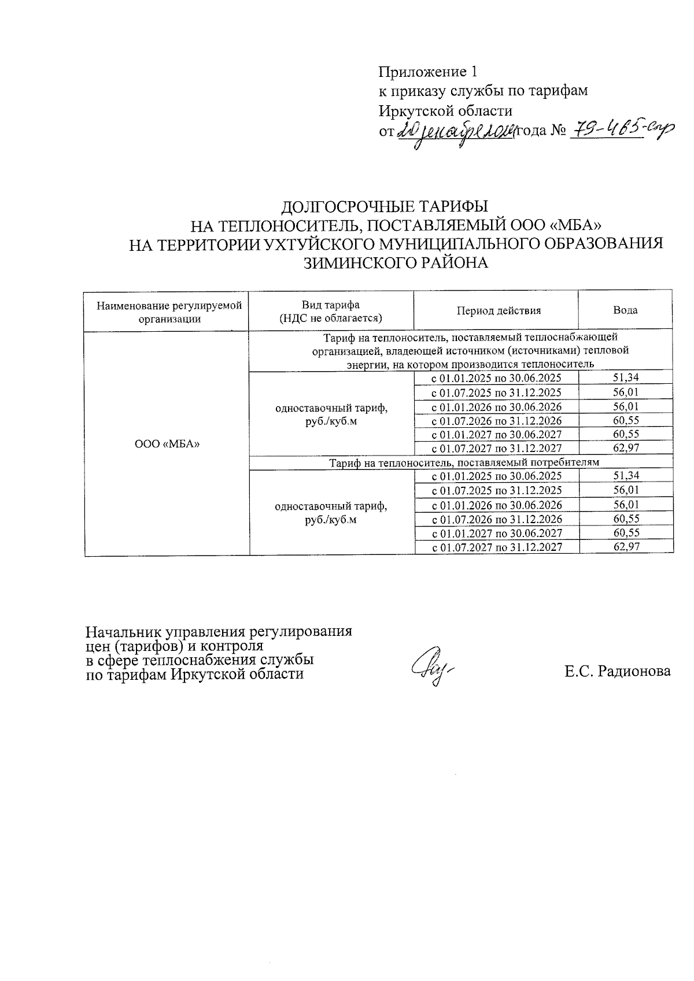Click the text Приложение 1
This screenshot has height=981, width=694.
click(x=429, y=72)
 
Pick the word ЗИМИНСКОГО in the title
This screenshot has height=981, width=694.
click(x=354, y=263)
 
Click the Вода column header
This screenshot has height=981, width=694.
click(x=625, y=310)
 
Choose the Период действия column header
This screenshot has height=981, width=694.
click(x=499, y=310)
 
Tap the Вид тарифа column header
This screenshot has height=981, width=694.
click(x=330, y=311)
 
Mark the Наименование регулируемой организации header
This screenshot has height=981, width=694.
click(x=169, y=311)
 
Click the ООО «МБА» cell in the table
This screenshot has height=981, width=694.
click(x=167, y=444)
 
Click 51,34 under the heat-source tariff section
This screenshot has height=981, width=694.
click(x=626, y=378)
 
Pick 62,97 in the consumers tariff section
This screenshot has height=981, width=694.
click(x=626, y=546)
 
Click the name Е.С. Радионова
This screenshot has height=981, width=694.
click(x=618, y=671)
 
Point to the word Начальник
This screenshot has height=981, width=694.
click(x=123, y=631)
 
